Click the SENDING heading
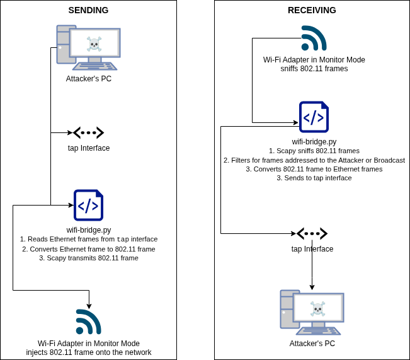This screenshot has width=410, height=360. point(88,10)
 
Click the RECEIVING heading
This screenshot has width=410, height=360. point(312,10)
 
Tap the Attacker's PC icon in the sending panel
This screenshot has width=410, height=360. point(88,48)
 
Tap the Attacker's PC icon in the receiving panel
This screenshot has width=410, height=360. point(312,313)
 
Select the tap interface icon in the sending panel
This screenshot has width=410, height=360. point(89,133)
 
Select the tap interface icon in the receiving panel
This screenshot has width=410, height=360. point(312,234)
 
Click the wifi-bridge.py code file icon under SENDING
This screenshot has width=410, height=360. point(88,206)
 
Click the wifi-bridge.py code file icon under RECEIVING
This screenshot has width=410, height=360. point(314,117)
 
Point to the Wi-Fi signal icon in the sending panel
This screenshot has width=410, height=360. point(89,322)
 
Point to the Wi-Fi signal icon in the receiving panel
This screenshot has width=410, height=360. point(314,38)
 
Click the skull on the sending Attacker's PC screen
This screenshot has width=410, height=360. point(94,44)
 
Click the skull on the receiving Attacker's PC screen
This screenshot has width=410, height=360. point(317,309)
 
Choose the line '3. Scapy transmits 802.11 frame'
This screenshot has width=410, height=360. point(89,258)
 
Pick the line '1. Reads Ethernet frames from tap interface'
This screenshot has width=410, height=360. point(89,240)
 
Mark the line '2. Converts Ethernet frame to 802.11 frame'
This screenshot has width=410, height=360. point(89,249)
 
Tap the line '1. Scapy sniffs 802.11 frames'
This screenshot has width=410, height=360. point(314,151)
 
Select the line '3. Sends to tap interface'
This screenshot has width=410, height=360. point(314,178)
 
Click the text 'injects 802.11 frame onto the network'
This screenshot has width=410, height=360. point(89,352)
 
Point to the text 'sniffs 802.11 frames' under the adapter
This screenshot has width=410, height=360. point(314,69)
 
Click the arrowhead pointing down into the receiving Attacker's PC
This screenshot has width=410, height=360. point(312,287)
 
